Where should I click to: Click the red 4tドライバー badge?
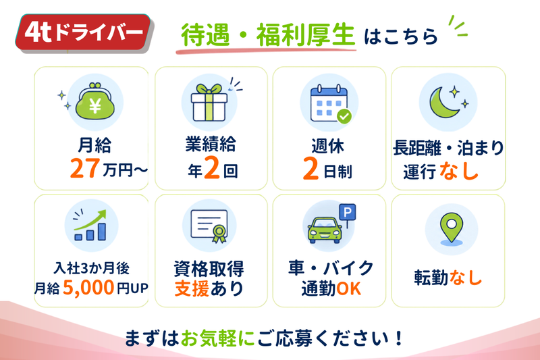pos(83,32)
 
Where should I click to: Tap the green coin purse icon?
pos(94,101)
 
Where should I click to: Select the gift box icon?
pos(209,103)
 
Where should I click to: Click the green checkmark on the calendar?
pos(344,116)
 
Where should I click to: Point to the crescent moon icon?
pos(443,103)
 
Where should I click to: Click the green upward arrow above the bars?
pos(90,220)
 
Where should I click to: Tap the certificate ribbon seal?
pos(219,234)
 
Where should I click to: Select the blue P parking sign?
pos(347,212)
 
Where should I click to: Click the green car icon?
pos(325,230)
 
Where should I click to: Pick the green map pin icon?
pos(451,228)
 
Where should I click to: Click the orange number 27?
pos(85,168)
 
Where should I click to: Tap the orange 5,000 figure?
pos(88,287)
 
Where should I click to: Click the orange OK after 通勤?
pos(348,288)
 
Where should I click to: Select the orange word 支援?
pos(192,288)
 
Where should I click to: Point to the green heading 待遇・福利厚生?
pos(267,35)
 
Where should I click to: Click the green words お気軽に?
pos(217,338)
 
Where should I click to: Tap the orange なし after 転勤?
pos(465,278)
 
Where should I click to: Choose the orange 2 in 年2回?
pos(212,168)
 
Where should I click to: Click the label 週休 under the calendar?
pos(327,145)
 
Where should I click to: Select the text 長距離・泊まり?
pos(448,148)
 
